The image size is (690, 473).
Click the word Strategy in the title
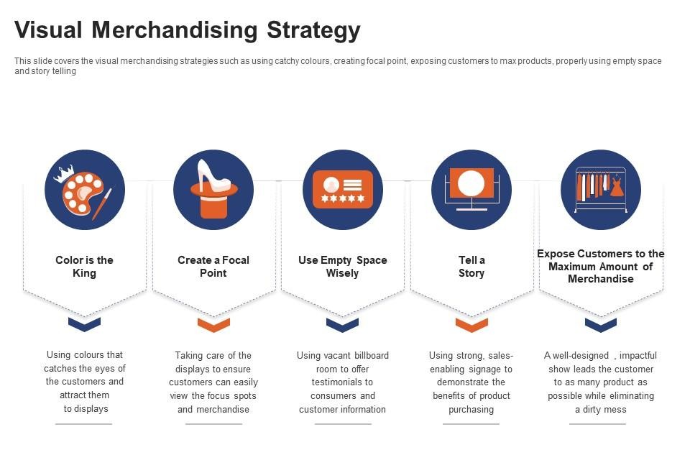(x=313, y=30)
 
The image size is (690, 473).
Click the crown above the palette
(x=64, y=173)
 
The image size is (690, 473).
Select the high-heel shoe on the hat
(x=213, y=175)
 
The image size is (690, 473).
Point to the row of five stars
(x=343, y=198)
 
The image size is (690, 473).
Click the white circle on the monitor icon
(x=471, y=183)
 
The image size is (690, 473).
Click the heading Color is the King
(x=84, y=266)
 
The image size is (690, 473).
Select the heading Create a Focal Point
(x=213, y=266)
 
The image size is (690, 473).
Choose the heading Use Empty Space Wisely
(x=342, y=266)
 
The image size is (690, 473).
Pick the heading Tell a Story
(x=471, y=266)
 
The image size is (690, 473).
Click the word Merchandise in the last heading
(x=600, y=279)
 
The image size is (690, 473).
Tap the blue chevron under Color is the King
(x=85, y=324)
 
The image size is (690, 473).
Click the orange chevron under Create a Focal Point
(x=213, y=325)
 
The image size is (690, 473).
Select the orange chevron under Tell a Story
(x=471, y=325)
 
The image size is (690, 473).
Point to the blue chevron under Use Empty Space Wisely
(x=342, y=325)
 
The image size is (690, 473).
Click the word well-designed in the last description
(x=581, y=356)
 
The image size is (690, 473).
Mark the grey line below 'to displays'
(x=83, y=424)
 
